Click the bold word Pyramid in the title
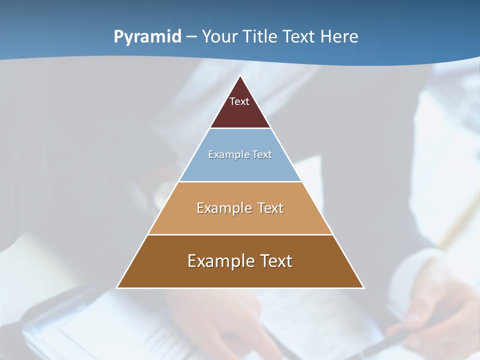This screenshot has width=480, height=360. point(147,37)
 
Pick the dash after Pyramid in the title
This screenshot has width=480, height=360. point(191,37)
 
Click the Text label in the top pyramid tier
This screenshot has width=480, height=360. point(239,101)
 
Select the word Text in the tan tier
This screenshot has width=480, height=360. point(270,208)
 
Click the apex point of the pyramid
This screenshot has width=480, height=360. point(240,76)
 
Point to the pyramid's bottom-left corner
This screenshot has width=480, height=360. point(117,287)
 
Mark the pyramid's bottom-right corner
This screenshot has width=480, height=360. point(363,287)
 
